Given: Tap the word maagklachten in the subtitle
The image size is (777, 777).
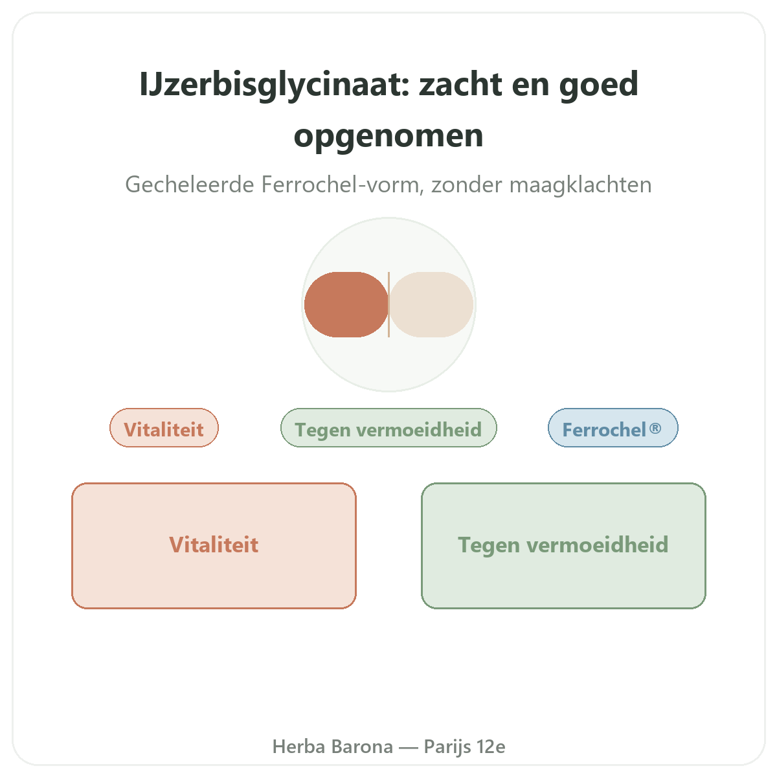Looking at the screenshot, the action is pos(581,185).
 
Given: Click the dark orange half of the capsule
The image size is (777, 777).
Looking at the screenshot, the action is pos(346,304).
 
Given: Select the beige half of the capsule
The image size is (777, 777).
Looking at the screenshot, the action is pos(431,304).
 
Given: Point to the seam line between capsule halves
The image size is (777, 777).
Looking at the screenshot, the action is pos(388,304).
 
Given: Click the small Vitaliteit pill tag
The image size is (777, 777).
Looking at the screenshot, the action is pos(164,428).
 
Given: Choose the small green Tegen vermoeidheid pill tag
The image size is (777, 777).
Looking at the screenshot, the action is pos(388,428).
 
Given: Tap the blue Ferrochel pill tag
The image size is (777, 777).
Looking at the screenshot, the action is pos(613,428).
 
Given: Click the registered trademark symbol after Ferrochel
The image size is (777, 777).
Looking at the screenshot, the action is pos(655,428).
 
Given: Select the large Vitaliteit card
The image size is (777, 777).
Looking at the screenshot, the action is pos(214,546).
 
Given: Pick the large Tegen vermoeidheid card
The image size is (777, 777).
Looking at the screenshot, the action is pos(563,546).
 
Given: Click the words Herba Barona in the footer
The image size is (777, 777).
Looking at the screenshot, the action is pos(333,747).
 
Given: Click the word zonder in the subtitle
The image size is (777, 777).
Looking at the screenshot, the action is pos(467,185).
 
